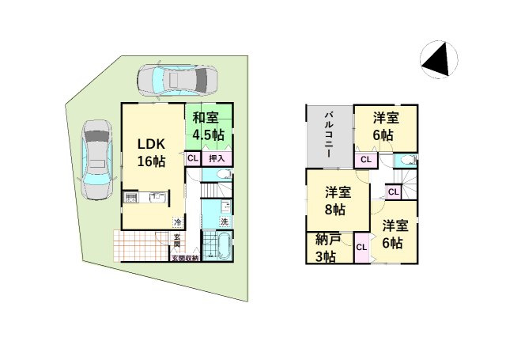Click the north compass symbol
(439, 59)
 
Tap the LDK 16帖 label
(151, 153)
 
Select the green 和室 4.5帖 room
(209, 127)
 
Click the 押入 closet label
(217, 159)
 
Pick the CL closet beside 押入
(193, 158)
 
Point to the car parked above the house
(177, 80)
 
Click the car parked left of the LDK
(96, 160)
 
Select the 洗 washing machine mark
(225, 222)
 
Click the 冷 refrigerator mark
(178, 222)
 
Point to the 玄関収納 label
(185, 258)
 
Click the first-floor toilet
(224, 174)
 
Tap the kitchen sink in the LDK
(158, 197)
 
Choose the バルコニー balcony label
(329, 135)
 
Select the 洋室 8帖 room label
(338, 201)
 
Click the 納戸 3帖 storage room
(330, 248)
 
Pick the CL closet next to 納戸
(362, 248)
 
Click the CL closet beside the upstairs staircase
(394, 192)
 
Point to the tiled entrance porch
(142, 245)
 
